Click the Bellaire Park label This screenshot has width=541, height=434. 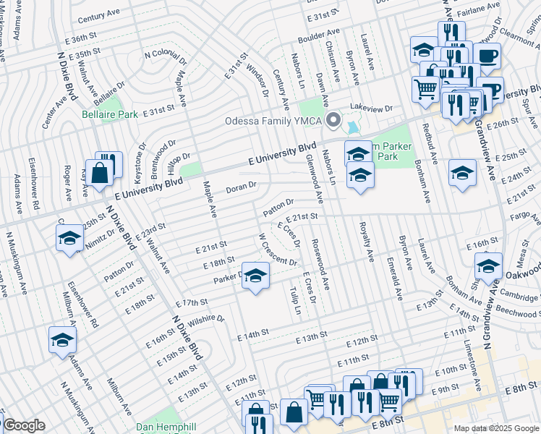pyautogui.click(x=109, y=114)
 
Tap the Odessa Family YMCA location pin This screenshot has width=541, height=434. pyautogui.click(x=333, y=119)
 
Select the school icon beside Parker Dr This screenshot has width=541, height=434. pyautogui.click(x=255, y=276)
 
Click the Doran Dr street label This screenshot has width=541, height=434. pyautogui.click(x=242, y=189)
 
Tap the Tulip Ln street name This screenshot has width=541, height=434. pyautogui.click(x=295, y=300)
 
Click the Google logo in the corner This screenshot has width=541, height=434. pyautogui.click(x=24, y=425)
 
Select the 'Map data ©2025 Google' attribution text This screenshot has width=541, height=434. pyautogui.click(x=496, y=428)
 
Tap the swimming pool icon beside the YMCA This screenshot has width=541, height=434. pyautogui.click(x=352, y=127)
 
